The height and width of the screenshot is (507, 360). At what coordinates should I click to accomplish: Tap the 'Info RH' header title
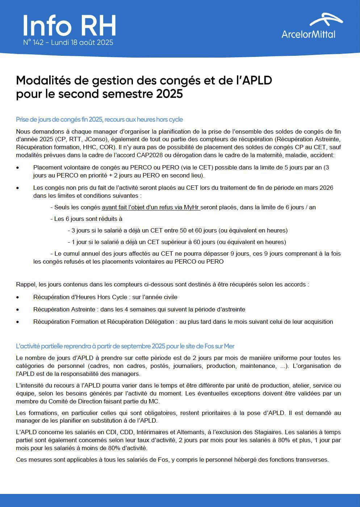[69, 26]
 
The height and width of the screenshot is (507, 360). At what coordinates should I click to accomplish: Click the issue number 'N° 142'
[33, 43]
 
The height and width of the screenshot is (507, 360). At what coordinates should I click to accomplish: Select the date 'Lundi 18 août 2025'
[82, 43]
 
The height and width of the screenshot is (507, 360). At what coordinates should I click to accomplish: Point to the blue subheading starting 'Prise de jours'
[99, 120]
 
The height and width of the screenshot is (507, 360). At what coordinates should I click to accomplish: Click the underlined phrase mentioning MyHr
[151, 208]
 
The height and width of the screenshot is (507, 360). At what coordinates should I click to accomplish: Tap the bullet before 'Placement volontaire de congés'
[18, 168]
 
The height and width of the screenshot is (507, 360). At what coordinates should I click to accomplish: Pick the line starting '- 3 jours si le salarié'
[177, 231]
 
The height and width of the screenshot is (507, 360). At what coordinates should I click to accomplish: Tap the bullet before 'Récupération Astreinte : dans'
[18, 310]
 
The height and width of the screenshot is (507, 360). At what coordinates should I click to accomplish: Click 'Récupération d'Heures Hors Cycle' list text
[80, 297]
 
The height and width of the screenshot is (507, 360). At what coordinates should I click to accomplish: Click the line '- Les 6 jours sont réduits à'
[86, 219]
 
